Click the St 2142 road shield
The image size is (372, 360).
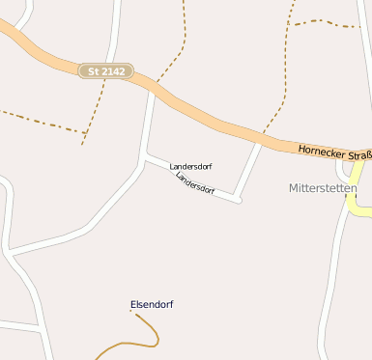point(105,71)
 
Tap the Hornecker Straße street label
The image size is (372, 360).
point(334,151)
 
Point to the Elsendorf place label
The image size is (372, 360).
point(152,305)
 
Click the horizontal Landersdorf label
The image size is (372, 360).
point(190,167)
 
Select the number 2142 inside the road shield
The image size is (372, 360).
point(112,71)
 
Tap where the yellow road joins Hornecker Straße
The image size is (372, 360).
point(360,162)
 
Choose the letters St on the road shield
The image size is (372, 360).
point(93,71)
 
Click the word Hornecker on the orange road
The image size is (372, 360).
point(319,150)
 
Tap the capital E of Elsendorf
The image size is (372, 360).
point(133,305)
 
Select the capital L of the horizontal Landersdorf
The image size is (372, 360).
point(172,167)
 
